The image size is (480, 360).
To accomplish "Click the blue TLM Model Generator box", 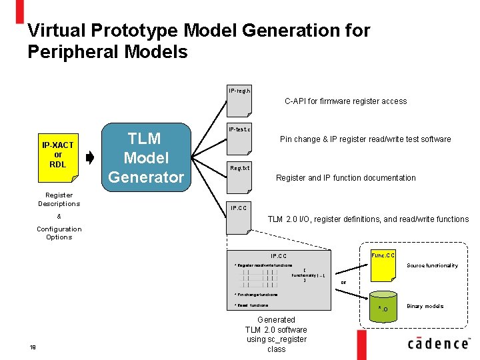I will pyautogui.click(x=145, y=158).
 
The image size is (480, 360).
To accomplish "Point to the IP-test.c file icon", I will pyautogui.click(x=239, y=137).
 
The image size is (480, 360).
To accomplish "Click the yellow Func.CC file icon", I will pyautogui.click(x=383, y=264).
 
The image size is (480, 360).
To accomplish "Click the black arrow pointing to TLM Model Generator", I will pyautogui.click(x=91, y=158).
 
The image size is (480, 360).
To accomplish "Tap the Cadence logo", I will pyautogui.click(x=438, y=343).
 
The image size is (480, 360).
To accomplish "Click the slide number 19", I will pyautogui.click(x=33, y=345).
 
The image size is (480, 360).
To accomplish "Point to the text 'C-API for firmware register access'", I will pyautogui.click(x=345, y=101).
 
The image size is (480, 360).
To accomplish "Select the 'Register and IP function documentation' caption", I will pyautogui.click(x=345, y=178).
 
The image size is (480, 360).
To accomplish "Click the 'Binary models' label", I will pyautogui.click(x=425, y=306).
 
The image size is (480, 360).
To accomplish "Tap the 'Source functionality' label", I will pyautogui.click(x=432, y=265).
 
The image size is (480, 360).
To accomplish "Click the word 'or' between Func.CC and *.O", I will pyautogui.click(x=343, y=281).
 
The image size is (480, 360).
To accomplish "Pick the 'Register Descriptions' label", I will pyautogui.click(x=59, y=199).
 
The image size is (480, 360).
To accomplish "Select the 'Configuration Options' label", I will pyautogui.click(x=59, y=233).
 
